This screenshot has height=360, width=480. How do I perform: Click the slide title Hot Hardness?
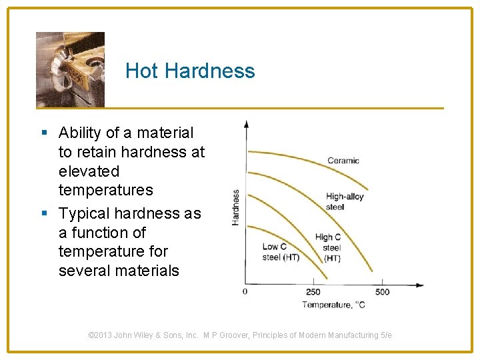coord(190,71)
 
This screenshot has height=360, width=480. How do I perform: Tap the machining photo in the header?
coord(70,69)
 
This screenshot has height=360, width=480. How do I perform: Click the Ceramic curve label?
coord(343,161)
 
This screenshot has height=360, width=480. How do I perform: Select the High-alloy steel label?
coord(344,201)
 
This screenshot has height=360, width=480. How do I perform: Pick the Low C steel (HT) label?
coord(281,252)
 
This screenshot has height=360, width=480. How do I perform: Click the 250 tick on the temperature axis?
coord(313,291)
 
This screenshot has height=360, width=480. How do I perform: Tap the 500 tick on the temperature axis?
coord(382,291)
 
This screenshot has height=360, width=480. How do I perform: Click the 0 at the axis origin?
coord(245,291)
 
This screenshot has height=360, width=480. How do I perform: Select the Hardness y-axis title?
coord(236,207)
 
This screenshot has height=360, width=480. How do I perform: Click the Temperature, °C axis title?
coord(334,305)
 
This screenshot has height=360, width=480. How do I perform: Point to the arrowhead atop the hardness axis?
coord(247,124)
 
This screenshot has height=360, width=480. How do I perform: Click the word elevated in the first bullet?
coord(89,171)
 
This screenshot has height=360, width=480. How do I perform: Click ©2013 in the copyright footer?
coord(100,335)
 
